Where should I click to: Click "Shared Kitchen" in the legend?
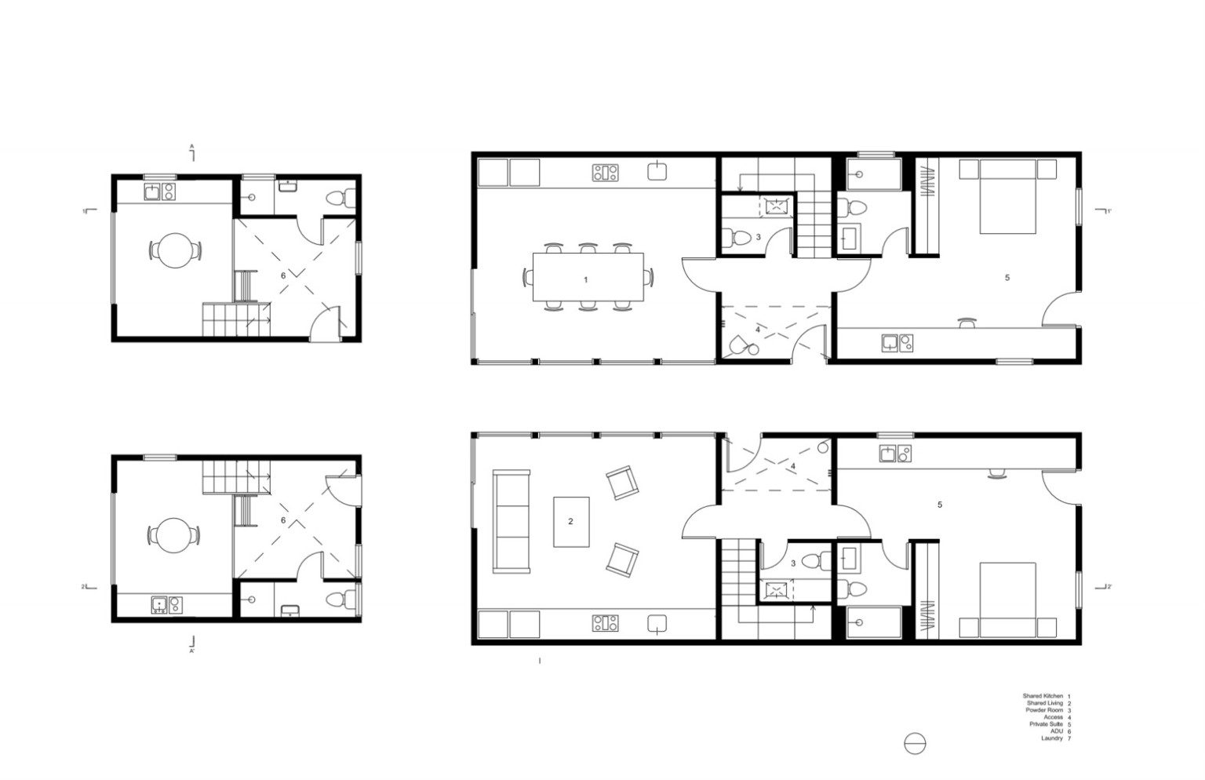(1043, 696)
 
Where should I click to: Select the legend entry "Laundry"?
(1052, 738)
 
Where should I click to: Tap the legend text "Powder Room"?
(1046, 710)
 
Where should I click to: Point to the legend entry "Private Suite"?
(1046, 724)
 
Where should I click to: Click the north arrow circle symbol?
(915, 743)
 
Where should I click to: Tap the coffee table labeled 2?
(571, 522)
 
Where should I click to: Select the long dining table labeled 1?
(588, 277)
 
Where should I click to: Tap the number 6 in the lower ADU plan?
(283, 520)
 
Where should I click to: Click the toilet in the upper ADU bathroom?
(339, 199)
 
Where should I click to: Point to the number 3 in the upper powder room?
(758, 236)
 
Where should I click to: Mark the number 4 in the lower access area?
(793, 467)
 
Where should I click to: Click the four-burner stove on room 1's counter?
(605, 173)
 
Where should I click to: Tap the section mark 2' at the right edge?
(1108, 587)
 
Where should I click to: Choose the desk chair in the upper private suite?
(967, 322)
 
